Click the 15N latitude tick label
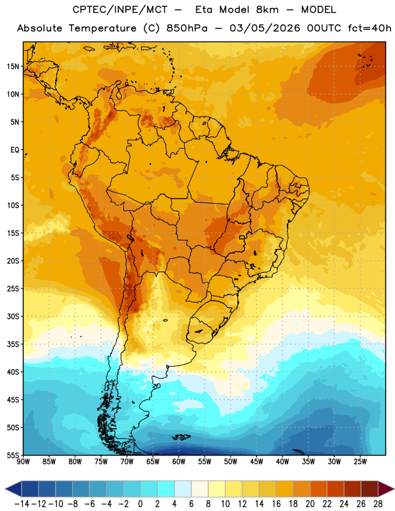[x=13, y=66]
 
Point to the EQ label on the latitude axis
[x=15, y=150]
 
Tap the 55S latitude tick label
[x=13, y=455]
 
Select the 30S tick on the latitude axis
[x=13, y=316]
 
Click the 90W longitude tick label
[x=23, y=462]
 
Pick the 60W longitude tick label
[x=179, y=462]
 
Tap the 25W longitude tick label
[x=360, y=462]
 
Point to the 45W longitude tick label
[x=256, y=462]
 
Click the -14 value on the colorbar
[x=22, y=504]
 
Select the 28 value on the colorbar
[x=378, y=504]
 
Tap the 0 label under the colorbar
[x=140, y=504]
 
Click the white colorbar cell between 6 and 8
[x=199, y=489]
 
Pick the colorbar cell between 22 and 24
[x=336, y=489]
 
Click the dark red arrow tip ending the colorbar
[x=393, y=489]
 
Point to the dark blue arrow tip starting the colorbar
[x=5, y=489]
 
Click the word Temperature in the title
[x=102, y=28]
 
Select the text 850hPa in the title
[x=187, y=28]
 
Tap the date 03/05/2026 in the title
[x=265, y=28]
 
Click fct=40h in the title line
[x=369, y=28]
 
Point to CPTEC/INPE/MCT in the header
[x=120, y=10]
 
